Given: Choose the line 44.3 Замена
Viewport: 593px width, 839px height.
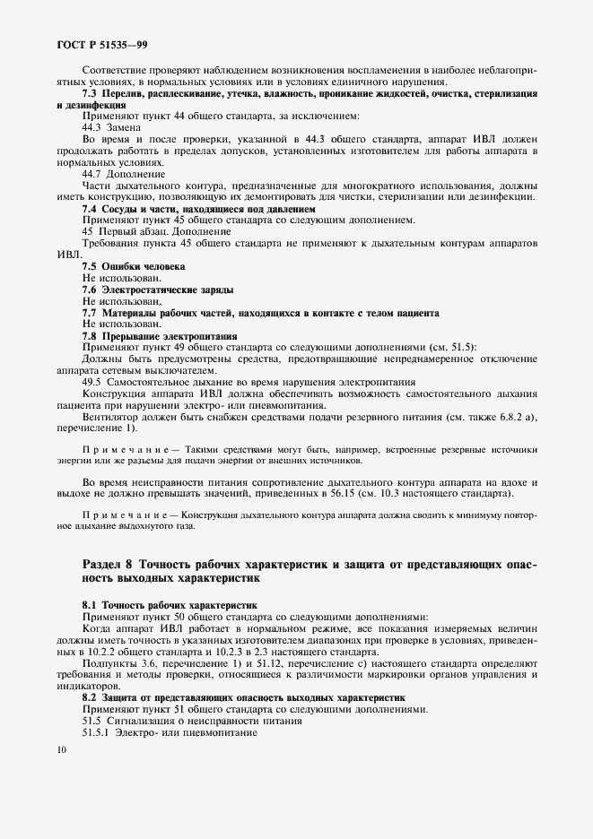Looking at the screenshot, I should coord(111,127).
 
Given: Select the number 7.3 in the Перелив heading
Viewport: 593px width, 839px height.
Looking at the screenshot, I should coord(90,92).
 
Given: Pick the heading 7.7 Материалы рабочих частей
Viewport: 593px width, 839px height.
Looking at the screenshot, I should coord(260,312).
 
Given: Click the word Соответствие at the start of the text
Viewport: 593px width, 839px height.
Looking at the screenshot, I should coord(116,70).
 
